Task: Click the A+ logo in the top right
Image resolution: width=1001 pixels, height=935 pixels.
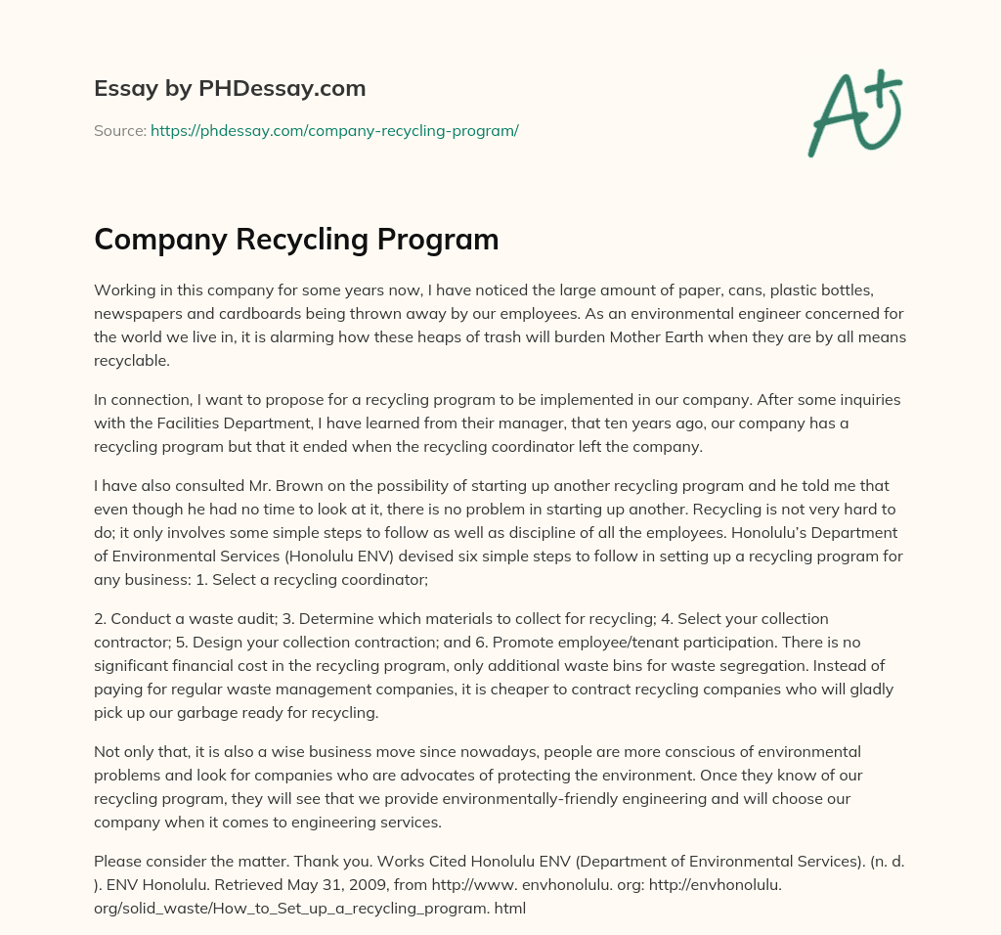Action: point(854,113)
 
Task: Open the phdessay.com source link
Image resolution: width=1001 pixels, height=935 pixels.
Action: point(334,130)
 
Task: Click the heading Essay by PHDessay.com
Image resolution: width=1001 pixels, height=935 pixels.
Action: point(230,88)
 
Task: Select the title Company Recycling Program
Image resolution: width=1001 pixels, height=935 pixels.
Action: point(296,240)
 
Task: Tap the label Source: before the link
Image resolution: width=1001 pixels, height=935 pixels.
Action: point(120,130)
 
